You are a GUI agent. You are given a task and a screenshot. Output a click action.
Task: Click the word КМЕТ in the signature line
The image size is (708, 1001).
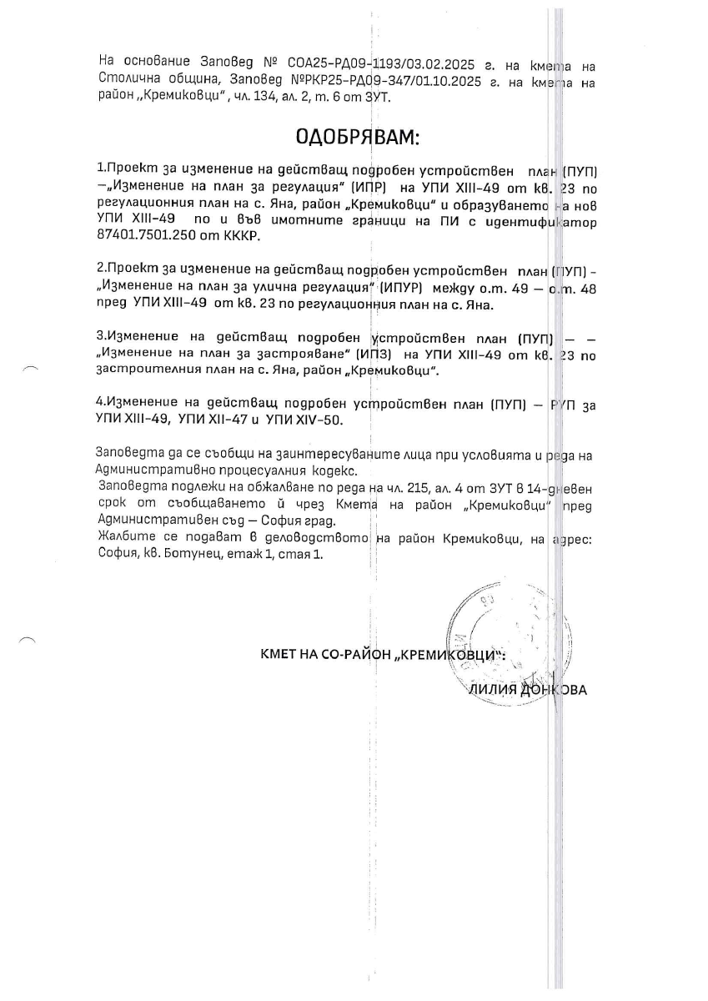point(280,655)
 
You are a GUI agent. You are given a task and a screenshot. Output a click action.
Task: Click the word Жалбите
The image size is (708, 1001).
point(121,538)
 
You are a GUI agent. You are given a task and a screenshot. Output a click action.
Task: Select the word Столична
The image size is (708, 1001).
point(128,81)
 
